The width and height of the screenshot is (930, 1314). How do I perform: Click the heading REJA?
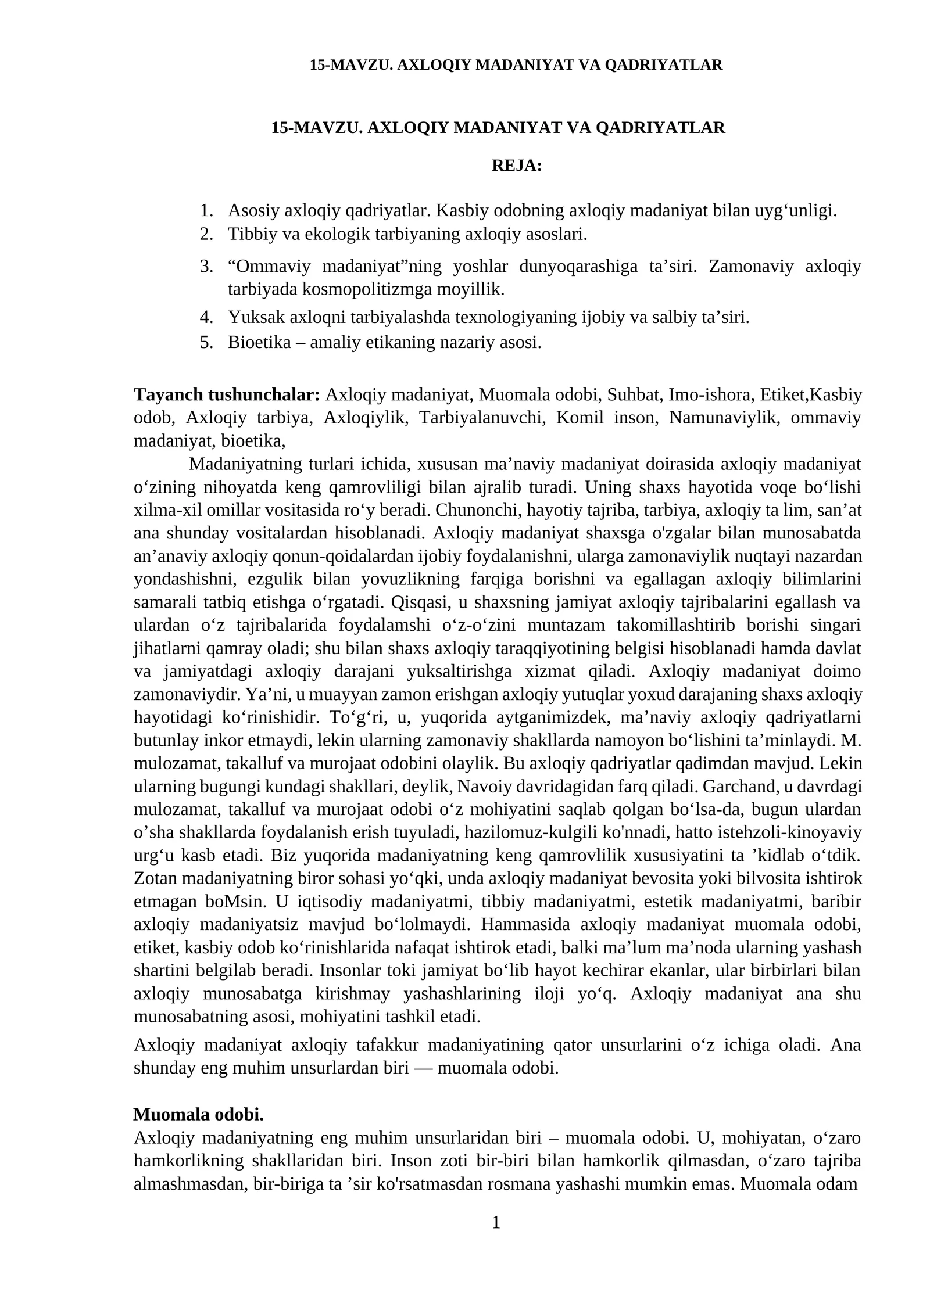click(x=516, y=166)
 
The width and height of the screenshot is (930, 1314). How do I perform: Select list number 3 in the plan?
click(x=206, y=267)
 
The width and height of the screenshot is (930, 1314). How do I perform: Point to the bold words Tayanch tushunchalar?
click(x=227, y=395)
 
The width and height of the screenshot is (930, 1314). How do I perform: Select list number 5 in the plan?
click(x=206, y=342)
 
